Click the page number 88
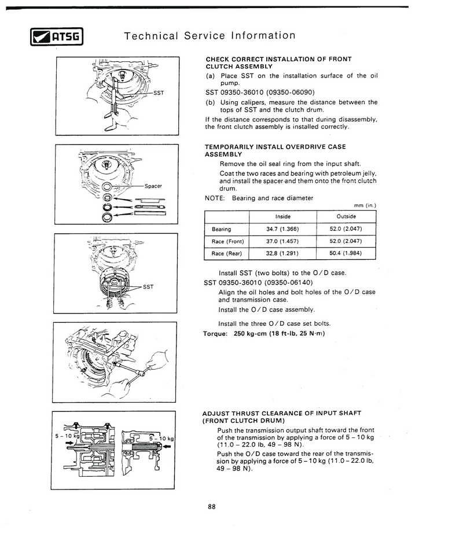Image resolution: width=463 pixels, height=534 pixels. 211,507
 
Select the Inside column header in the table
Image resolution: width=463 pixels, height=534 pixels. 282,216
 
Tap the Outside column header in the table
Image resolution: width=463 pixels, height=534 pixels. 346,216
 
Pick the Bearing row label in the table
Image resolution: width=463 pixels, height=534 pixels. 222,229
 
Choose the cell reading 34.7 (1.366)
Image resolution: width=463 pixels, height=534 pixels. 282,229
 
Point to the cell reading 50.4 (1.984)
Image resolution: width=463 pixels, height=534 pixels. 346,253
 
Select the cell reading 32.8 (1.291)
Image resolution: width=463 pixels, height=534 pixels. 282,253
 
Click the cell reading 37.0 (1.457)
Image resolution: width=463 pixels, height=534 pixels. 282,241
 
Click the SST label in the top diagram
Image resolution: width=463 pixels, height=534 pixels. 158,93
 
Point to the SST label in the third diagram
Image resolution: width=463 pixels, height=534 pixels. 148,286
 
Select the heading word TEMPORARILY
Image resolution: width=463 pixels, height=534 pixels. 229,147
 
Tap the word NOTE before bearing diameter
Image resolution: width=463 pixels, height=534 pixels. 215,198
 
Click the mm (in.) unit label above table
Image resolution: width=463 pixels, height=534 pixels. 365,205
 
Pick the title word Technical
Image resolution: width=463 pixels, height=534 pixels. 150,36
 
